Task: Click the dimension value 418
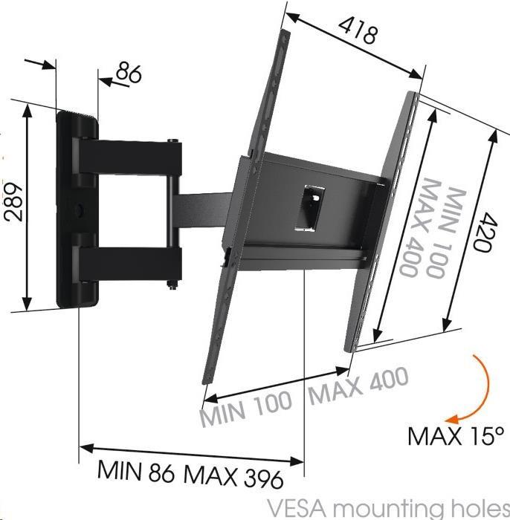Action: [x=359, y=31]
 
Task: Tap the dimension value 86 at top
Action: [x=127, y=75]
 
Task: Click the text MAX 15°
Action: [x=455, y=435]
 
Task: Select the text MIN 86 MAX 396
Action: [x=190, y=472]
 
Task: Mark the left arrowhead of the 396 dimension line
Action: [x=84, y=449]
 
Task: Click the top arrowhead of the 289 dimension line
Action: [x=28, y=108]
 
